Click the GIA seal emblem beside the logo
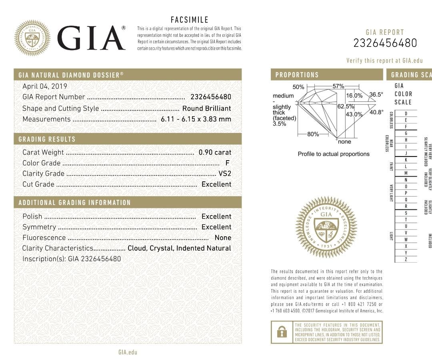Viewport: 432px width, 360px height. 32,38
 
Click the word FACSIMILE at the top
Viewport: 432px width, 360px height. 189,20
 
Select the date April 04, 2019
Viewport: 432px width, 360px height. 45,86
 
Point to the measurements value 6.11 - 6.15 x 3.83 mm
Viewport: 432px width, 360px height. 196,119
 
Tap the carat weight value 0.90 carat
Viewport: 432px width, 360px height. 215,152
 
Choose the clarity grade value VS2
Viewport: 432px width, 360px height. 225,173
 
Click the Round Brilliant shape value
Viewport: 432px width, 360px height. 206,108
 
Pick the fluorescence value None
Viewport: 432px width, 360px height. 223,237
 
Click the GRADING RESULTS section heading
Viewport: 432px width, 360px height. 47,139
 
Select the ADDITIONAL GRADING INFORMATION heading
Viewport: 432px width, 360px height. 74,203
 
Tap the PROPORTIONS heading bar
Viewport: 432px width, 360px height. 327,75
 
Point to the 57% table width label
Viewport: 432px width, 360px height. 338,86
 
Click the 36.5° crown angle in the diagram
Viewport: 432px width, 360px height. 376,95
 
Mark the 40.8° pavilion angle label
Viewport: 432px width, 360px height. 376,113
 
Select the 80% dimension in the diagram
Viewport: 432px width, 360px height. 313,134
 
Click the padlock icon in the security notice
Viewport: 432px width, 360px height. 282,332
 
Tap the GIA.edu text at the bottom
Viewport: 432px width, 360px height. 128,352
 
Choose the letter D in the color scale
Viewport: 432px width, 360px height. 406,114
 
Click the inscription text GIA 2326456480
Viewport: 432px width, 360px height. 94,259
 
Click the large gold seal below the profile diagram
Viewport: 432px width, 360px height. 326,227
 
